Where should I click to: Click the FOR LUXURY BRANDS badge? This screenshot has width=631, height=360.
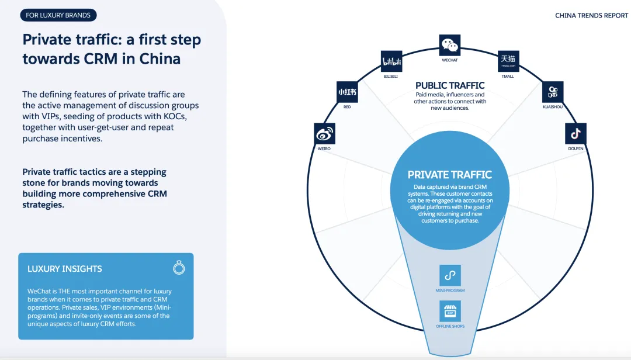coord(58,15)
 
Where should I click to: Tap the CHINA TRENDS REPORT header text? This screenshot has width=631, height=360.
coord(591,16)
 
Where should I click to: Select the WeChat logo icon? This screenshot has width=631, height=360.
coord(450,45)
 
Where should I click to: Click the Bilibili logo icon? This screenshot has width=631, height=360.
coord(391,61)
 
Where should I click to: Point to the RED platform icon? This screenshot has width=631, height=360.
coord(347,92)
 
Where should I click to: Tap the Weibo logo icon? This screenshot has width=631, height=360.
coord(324,134)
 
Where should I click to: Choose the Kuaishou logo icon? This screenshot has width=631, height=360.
coord(553,92)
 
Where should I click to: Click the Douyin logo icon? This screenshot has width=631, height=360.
coord(575,134)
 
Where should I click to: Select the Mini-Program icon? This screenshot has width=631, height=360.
coord(450,275)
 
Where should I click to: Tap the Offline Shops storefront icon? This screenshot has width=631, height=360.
coord(450,311)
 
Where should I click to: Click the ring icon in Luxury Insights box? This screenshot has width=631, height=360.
coord(179,268)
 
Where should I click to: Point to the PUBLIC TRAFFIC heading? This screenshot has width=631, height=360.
coord(450,85)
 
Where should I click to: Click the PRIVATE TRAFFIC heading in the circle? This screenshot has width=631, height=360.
coord(450,175)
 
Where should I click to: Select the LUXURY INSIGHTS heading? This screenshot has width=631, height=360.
coord(65,269)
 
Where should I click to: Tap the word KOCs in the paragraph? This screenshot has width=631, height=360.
coord(188,116)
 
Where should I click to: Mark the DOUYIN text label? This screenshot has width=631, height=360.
coord(575,149)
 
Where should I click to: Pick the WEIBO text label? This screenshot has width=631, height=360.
coord(324,149)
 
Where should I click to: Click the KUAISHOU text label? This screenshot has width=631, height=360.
coord(553,107)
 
